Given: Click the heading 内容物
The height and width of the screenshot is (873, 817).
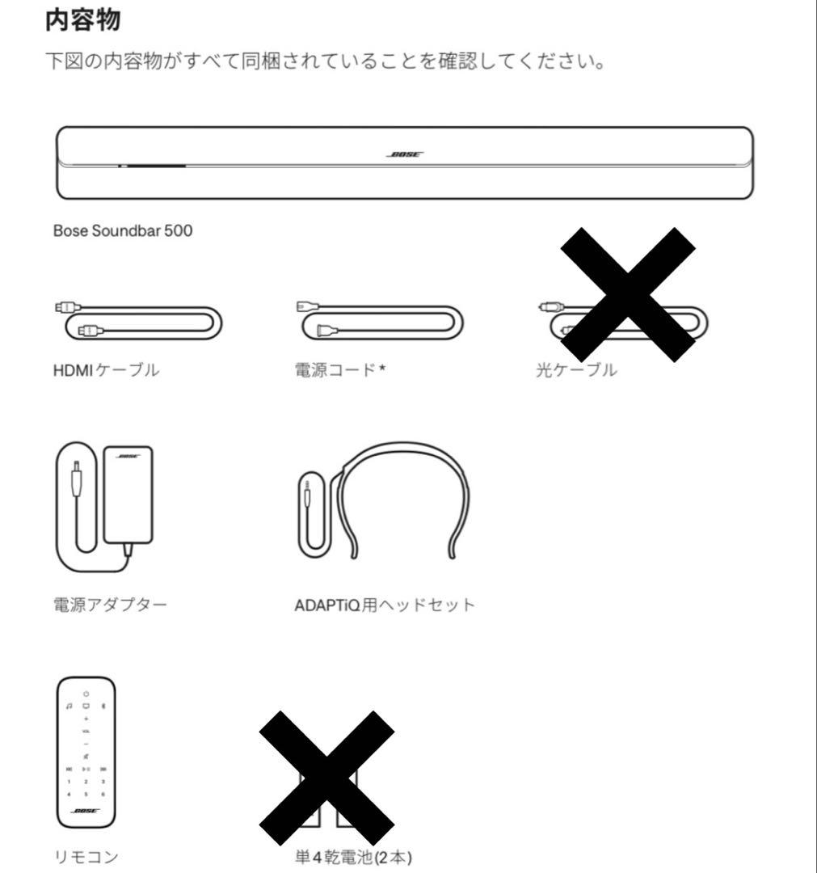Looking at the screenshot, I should [83, 20].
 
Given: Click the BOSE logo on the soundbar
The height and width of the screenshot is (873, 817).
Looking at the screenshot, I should [404, 154].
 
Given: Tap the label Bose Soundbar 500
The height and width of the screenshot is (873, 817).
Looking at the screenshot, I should [123, 231].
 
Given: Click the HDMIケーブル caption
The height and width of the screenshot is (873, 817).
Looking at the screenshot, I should [106, 371].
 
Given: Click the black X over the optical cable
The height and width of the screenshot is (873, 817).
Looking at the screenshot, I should [627, 293].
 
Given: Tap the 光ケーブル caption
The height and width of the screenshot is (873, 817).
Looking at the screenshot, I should [576, 371].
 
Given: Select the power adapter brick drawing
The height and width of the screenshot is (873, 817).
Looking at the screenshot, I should [128, 493].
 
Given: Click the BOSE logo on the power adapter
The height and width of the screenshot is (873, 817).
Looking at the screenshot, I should [128, 456].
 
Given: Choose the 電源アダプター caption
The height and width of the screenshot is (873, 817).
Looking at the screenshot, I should [110, 604].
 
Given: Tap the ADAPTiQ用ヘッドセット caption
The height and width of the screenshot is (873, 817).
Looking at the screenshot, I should [385, 604].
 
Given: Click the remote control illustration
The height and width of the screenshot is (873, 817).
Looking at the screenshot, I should [86, 751].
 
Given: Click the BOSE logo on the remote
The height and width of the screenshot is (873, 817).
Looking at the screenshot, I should [86, 811].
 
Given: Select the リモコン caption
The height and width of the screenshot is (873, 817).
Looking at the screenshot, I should [78, 857].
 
